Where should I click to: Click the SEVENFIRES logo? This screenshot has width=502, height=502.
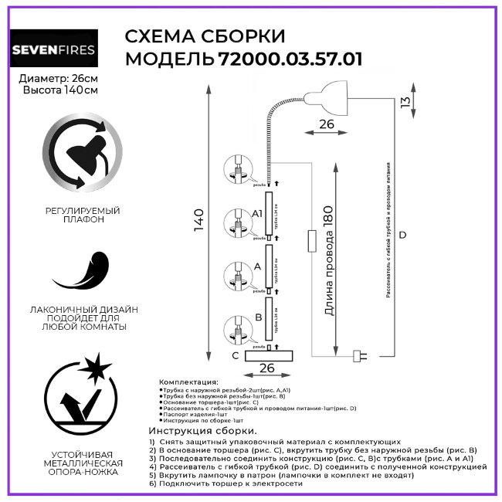53,51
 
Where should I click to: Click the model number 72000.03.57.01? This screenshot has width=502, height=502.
290,59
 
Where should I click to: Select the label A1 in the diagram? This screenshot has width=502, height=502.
258,212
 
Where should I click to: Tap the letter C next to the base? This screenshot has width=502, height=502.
235,355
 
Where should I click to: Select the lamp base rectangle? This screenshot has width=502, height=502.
270,355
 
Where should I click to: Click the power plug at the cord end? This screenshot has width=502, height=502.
359,356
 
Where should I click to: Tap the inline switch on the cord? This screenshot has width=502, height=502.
310,240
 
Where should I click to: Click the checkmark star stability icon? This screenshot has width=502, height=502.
80,395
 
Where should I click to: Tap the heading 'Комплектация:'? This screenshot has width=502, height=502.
188,382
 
